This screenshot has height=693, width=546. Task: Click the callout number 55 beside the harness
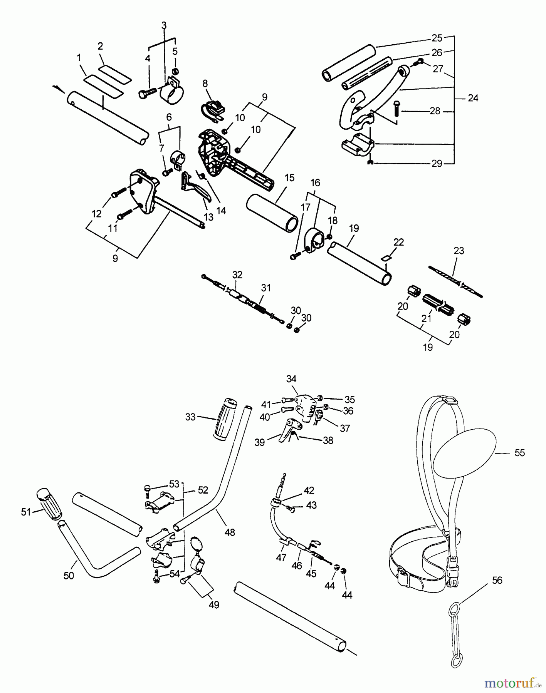pyautogui.click(x=519, y=453)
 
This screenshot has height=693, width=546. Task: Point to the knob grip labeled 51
pyautogui.click(x=49, y=504)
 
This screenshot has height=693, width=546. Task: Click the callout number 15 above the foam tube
pyautogui.click(x=289, y=178)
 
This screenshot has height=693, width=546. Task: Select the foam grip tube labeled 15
pyautogui.click(x=272, y=214)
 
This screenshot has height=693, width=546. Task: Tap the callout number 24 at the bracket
pyautogui.click(x=473, y=98)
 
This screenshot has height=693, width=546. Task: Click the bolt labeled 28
pyautogui.click(x=396, y=110)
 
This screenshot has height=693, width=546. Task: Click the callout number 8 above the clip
pyautogui.click(x=205, y=84)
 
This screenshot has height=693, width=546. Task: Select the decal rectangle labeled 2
pyautogui.click(x=115, y=74)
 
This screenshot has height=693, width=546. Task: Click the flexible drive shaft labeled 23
pyautogui.click(x=454, y=281)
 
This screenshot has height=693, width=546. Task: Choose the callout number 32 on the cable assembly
pyautogui.click(x=237, y=275)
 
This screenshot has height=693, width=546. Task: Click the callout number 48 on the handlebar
pyautogui.click(x=229, y=533)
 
